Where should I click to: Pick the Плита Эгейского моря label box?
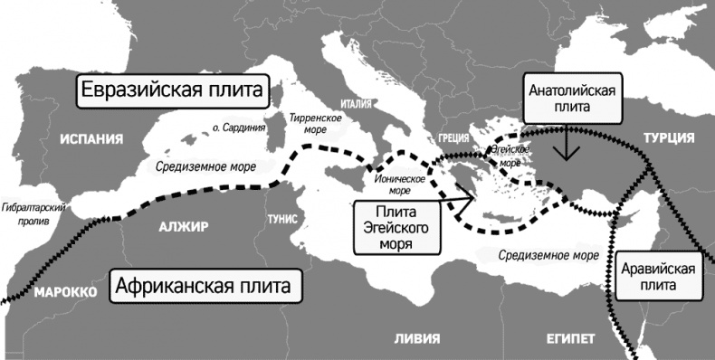391,226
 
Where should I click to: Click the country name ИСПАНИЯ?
91,139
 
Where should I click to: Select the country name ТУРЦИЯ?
668,137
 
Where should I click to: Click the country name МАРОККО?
65,294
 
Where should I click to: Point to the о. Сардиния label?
238,128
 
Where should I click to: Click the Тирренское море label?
314,125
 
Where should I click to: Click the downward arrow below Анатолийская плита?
567,145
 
